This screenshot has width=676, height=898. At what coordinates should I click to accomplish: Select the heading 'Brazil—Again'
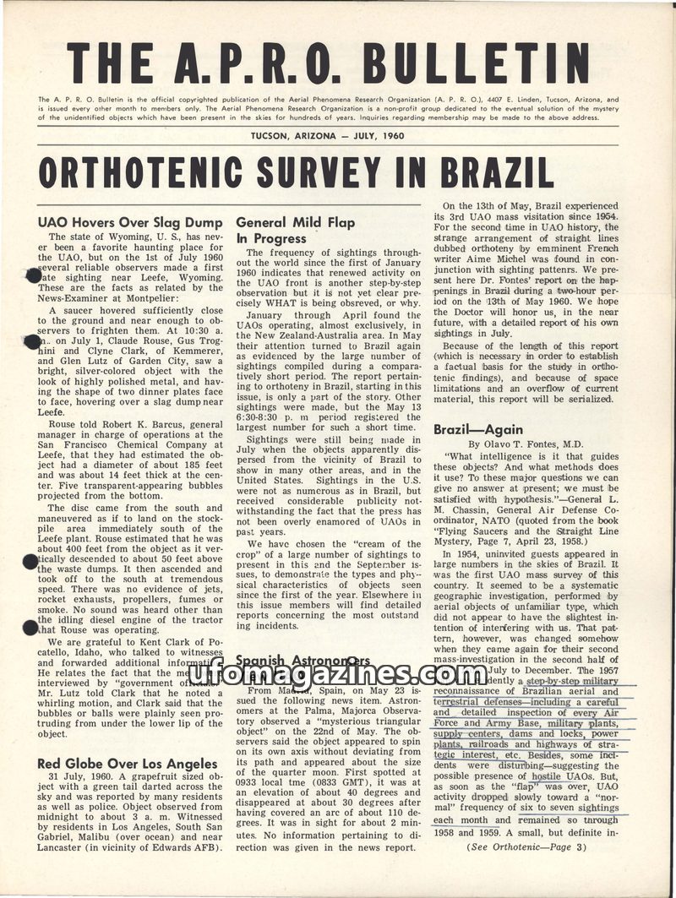[x=467, y=429]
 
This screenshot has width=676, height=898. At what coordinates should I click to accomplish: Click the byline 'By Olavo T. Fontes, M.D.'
[x=527, y=444]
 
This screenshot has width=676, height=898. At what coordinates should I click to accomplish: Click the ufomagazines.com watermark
[x=338, y=673]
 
